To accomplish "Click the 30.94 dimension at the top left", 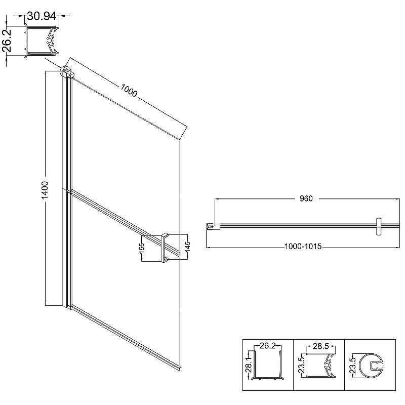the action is pyautogui.click(x=42, y=16).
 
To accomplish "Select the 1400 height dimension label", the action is pyautogui.click(x=45, y=190).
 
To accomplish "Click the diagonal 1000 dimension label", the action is pyautogui.click(x=129, y=91).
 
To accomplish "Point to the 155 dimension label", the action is pyautogui.click(x=142, y=249).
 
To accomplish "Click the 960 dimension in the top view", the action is pyautogui.click(x=306, y=198).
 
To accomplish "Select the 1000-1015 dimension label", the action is pyautogui.click(x=303, y=247).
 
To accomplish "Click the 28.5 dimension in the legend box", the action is pyautogui.click(x=320, y=346).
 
